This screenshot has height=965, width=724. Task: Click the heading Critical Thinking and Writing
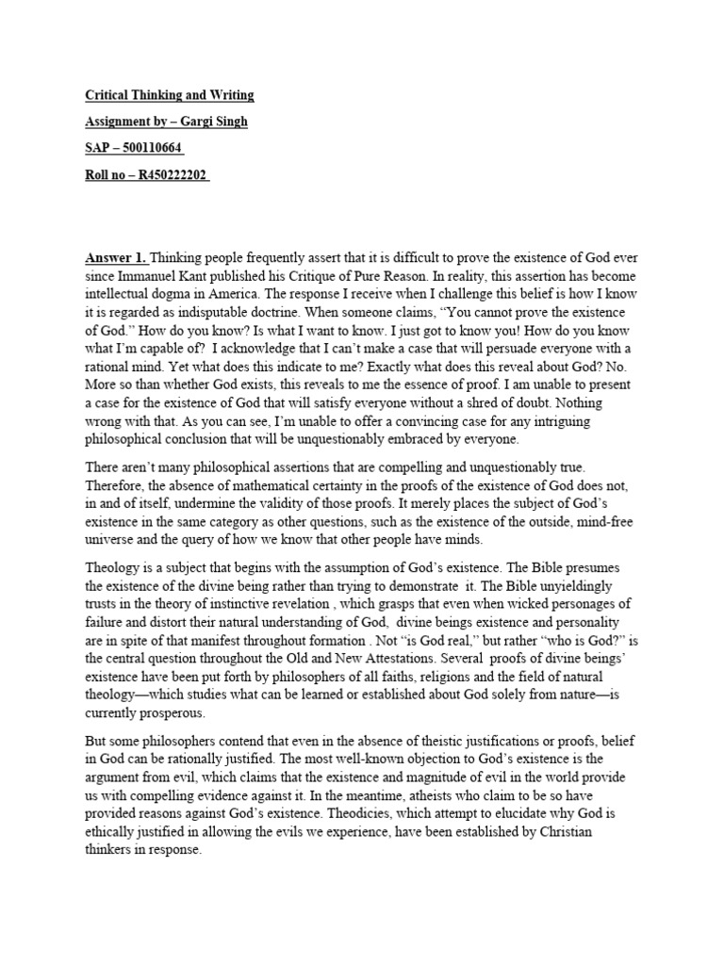point(170,95)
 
